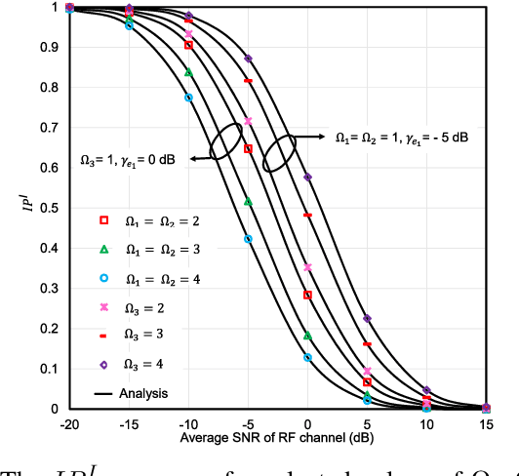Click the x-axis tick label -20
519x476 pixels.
pos(68,425)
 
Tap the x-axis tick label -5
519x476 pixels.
pos(248,425)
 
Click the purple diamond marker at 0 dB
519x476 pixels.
pos(308,178)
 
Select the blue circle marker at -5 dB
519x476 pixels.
pos(248,239)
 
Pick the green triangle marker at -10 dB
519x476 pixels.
pos(188,72)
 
